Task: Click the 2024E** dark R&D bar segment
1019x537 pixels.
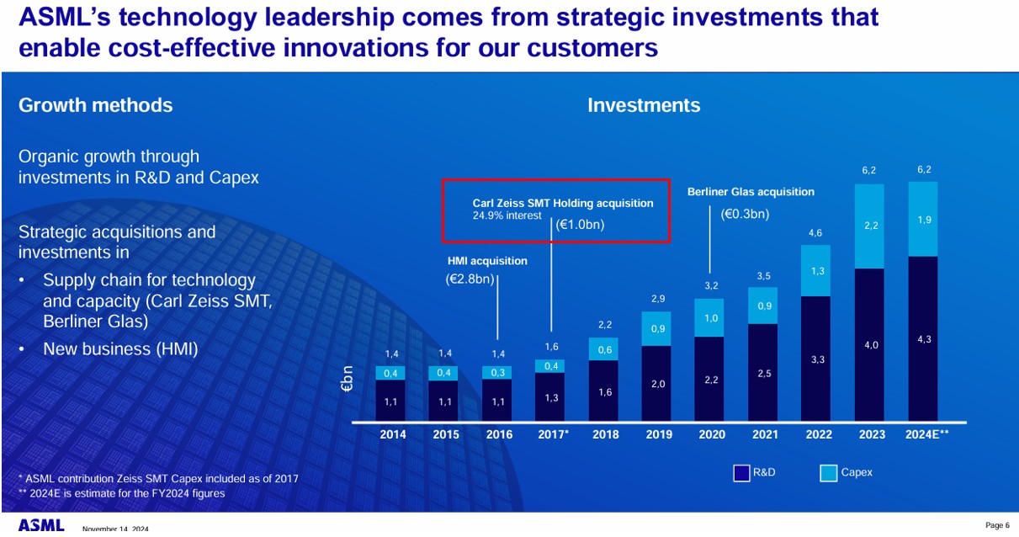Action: [925, 338]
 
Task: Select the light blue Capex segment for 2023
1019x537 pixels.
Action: [871, 226]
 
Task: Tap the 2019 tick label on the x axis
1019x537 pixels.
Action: [658, 434]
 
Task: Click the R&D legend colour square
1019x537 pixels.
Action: [741, 473]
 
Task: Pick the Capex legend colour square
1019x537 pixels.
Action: [828, 473]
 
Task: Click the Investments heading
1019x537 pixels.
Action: [644, 105]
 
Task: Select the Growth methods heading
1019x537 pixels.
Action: [95, 105]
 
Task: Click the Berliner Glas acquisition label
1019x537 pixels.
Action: [751, 192]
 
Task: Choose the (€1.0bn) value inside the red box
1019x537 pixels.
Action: [581, 225]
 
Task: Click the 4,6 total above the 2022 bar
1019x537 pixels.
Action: [816, 232]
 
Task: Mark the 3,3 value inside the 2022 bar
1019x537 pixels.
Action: [816, 359]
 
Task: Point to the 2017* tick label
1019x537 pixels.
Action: [552, 434]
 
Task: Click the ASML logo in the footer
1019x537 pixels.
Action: [41, 525]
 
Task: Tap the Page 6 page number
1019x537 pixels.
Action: [997, 525]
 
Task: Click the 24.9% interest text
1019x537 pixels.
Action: [507, 215]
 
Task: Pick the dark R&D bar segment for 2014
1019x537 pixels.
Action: [390, 401]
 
